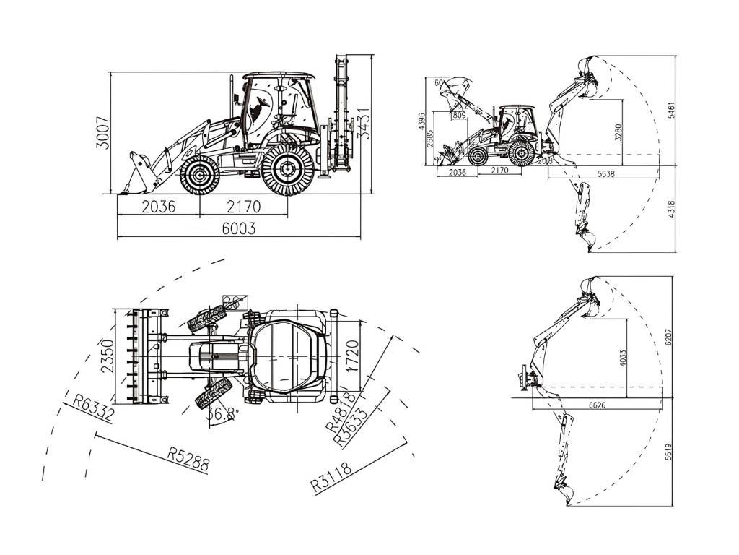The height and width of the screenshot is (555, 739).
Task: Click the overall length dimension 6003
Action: (x=238, y=228)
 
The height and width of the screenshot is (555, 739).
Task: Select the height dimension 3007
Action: (x=104, y=133)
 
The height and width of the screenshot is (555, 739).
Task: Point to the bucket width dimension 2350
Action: (x=108, y=356)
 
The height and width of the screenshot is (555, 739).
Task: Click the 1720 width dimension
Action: (x=352, y=356)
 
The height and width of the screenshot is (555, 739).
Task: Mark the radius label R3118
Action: (x=332, y=477)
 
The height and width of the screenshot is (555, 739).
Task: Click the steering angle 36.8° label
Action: (x=222, y=415)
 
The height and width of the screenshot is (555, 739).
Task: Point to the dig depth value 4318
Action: (x=672, y=209)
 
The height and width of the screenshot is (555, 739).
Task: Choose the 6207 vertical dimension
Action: (x=668, y=336)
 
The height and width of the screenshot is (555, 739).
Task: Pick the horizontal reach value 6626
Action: (x=596, y=405)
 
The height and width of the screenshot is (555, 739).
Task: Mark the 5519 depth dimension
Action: (x=668, y=451)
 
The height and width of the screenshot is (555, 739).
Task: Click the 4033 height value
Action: (x=623, y=358)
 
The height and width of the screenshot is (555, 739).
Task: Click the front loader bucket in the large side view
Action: (x=137, y=173)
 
